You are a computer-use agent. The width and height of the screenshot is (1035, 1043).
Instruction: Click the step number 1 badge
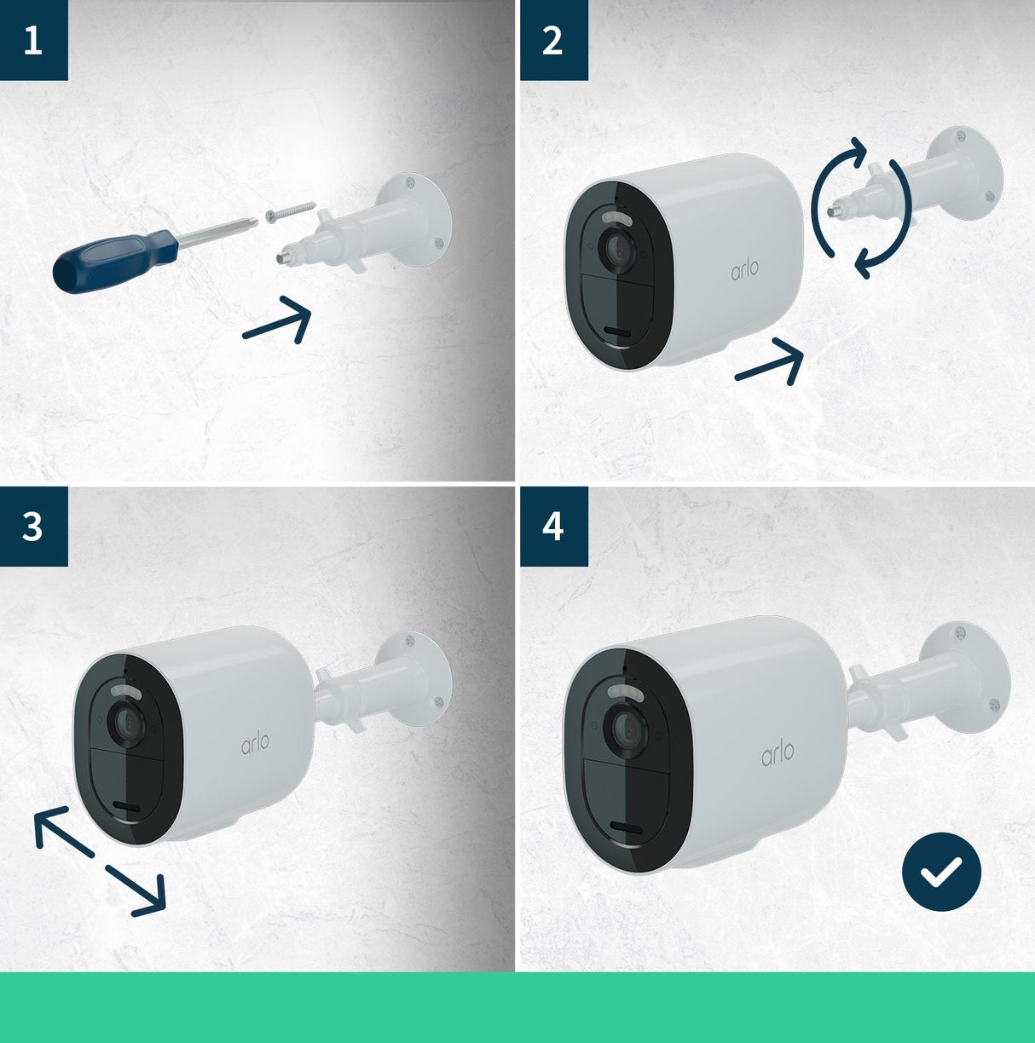[33, 40]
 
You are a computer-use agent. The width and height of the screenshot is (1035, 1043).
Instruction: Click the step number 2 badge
[553, 40]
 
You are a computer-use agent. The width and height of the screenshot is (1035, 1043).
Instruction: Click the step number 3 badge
[33, 527]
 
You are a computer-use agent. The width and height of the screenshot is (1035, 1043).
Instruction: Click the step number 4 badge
[553, 527]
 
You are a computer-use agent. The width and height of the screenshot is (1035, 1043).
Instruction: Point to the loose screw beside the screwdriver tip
[290, 211]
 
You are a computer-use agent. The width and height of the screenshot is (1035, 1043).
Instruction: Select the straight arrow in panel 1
[277, 322]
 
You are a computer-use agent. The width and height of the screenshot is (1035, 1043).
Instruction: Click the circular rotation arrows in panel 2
[861, 209]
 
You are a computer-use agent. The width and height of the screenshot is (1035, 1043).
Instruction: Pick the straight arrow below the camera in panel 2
[770, 362]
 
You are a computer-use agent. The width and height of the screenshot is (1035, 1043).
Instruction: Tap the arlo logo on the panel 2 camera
[744, 269]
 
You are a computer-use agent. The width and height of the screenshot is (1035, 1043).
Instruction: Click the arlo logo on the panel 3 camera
[255, 742]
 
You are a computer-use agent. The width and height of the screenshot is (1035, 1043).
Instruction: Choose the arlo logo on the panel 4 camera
[778, 753]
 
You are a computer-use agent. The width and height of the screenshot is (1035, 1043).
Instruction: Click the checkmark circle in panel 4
[941, 872]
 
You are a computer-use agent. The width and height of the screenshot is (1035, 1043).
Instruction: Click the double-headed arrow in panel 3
[99, 863]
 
